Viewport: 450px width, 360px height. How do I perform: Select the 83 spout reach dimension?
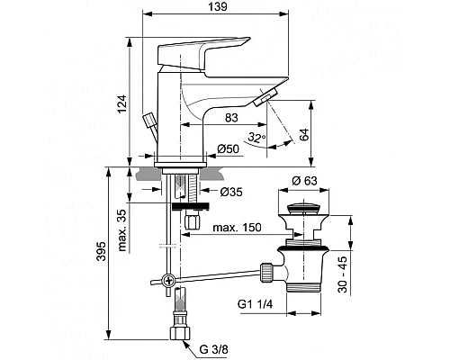point(230,118)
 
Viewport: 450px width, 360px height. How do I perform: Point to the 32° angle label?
point(256,138)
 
